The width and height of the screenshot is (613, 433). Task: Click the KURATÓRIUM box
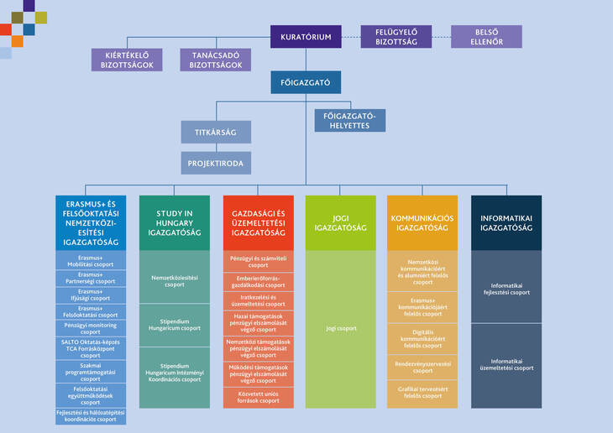coord(306,37)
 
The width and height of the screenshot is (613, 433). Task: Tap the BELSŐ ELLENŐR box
coord(486,37)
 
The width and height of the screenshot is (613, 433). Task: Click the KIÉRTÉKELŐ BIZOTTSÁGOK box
coord(126,60)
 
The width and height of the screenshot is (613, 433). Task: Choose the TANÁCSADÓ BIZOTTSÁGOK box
coord(216,60)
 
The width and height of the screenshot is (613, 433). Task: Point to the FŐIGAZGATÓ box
coord(306,82)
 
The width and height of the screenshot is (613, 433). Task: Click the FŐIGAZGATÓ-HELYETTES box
coord(350,120)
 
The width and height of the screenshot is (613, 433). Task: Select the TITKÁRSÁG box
coord(216,132)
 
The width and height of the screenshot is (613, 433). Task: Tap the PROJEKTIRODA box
coord(216,163)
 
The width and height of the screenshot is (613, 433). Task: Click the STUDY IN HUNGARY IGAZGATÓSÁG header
coord(175,222)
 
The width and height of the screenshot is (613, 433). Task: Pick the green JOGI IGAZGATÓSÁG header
coord(340,222)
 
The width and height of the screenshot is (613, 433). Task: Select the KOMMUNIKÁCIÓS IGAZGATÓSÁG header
coord(422,222)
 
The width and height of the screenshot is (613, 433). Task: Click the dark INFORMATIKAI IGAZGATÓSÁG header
coord(506,222)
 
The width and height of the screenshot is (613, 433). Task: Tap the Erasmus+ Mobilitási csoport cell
coord(91,260)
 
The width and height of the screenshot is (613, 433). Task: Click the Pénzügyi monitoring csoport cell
coord(91,327)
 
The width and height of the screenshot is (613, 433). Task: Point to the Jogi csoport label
coord(340,328)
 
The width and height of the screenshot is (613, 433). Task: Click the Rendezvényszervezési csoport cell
coord(422,367)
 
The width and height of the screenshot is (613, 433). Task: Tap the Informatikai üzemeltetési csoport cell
coord(506,368)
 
